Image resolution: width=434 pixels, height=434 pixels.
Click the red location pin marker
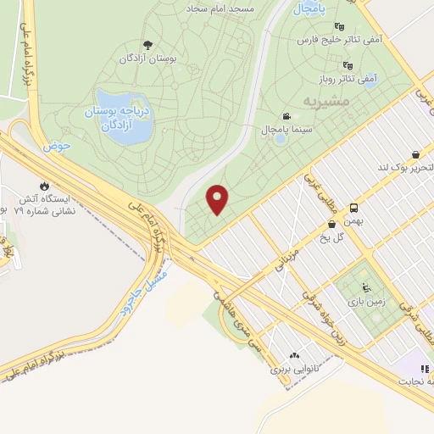point(219,198)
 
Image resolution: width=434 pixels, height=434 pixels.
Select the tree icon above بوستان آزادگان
point(148,45)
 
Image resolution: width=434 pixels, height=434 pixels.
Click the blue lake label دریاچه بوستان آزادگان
point(120,120)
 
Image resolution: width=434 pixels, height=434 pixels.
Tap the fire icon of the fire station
point(43,185)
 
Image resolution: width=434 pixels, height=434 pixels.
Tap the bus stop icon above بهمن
point(353,207)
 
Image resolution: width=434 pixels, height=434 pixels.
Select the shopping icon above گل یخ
point(331,224)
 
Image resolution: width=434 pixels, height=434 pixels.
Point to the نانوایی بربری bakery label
point(292,370)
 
